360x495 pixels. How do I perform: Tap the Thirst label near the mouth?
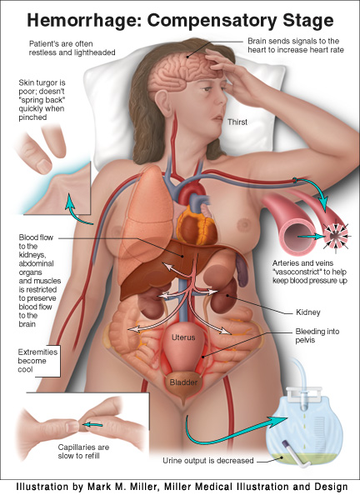pos(237,122)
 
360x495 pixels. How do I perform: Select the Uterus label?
pos(183,337)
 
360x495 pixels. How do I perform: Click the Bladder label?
pos(183,382)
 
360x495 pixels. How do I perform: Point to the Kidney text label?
pos(307,312)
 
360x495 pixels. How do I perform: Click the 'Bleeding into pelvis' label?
pos(317,336)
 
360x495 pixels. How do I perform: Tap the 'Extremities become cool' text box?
pos(37,361)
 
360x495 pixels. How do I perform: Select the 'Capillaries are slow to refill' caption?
pos(83,452)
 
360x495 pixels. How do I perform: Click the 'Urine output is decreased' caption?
pos(208,461)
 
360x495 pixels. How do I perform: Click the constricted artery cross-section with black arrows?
pos(336,236)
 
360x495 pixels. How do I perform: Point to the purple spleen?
pos(242,271)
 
